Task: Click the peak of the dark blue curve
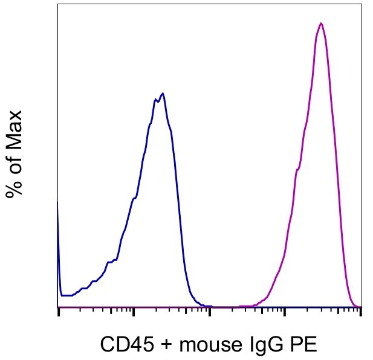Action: tap(163, 94)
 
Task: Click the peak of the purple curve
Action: tap(321, 24)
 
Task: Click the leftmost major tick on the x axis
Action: tap(59, 312)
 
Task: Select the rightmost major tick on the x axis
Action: tap(360, 312)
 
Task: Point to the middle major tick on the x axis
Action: tap(210, 312)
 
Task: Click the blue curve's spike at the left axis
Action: tap(58, 204)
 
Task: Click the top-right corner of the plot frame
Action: tap(361, 4)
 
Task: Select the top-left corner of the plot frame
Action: tap(58, 4)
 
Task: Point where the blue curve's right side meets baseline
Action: tap(203, 306)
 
